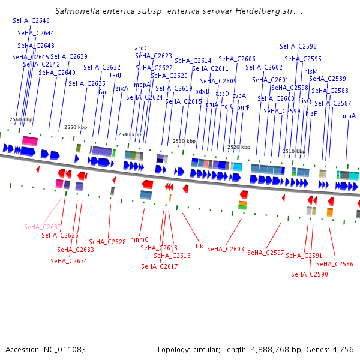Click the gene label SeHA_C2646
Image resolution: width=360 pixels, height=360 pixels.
(31, 20)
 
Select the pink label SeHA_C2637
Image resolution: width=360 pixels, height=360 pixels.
(43, 227)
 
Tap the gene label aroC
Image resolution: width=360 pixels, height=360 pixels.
(141, 48)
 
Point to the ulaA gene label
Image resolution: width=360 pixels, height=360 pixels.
(349, 116)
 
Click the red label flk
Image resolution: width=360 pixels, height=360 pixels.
(199, 246)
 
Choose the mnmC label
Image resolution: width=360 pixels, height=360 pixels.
(139, 239)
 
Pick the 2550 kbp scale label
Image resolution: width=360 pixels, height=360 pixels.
(75, 127)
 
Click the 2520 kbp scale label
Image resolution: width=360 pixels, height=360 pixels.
(238, 147)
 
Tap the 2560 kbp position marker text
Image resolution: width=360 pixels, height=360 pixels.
(21, 119)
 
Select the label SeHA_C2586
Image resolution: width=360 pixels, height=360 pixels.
(335, 264)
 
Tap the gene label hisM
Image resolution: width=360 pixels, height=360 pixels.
(311, 71)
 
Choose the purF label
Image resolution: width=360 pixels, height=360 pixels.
(243, 108)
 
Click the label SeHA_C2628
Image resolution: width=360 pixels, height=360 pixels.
(107, 242)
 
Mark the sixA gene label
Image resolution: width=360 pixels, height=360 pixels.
(122, 88)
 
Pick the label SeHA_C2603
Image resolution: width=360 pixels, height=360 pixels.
(226, 249)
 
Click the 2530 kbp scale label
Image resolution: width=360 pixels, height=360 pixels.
(184, 141)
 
